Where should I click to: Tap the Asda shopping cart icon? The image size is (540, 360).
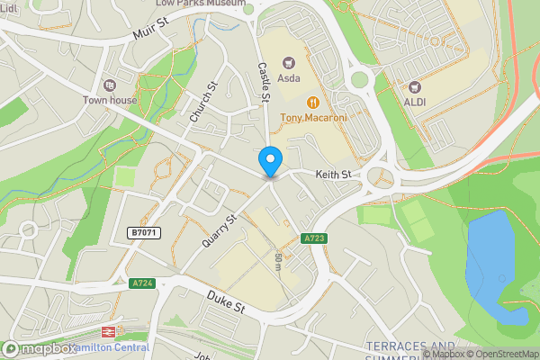(x=289, y=63)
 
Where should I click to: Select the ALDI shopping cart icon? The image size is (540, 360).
(x=415, y=87)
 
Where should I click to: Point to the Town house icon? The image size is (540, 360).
(x=110, y=85)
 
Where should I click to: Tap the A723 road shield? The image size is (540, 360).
(x=313, y=238)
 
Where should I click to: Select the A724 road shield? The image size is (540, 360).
(x=142, y=283)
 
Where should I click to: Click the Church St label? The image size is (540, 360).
(x=204, y=103)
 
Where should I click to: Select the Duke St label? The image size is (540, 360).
(x=226, y=301)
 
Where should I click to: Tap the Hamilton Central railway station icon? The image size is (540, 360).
(x=106, y=331)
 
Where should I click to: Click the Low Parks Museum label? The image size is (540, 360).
(x=200, y=4)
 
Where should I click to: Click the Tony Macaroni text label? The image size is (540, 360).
(x=313, y=118)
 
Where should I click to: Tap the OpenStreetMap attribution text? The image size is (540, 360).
(x=503, y=354)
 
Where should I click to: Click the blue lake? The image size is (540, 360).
(x=492, y=261)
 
